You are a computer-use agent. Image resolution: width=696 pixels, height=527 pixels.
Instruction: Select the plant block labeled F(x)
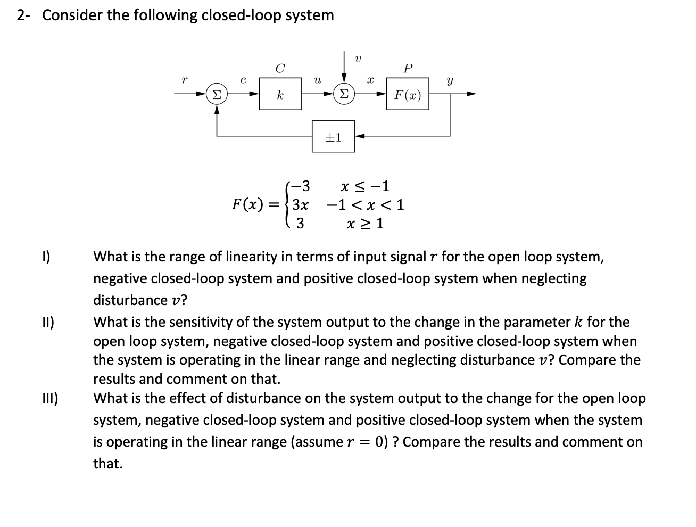click(408, 95)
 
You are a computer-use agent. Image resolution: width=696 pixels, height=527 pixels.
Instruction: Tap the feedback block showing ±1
click(333, 137)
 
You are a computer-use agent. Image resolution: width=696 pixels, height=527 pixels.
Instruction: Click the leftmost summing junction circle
click(216, 95)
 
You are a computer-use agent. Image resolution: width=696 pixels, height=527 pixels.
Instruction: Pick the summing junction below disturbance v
click(343, 95)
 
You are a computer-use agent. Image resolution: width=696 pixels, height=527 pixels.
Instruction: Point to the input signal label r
click(184, 80)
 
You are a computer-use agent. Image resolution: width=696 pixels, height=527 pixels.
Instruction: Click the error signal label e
click(243, 80)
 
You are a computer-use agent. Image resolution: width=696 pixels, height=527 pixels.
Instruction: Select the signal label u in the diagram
click(317, 80)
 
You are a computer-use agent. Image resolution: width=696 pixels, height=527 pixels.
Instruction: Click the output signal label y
click(450, 81)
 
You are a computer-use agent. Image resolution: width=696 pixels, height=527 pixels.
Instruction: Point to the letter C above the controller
click(280, 68)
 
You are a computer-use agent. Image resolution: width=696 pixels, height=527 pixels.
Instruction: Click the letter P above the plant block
click(408, 68)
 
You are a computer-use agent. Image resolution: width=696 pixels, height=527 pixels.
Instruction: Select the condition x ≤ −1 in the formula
click(365, 186)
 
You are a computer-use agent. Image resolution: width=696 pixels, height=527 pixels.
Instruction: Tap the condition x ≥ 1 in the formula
click(365, 224)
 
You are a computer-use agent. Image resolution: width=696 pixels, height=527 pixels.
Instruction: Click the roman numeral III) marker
click(51, 398)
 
